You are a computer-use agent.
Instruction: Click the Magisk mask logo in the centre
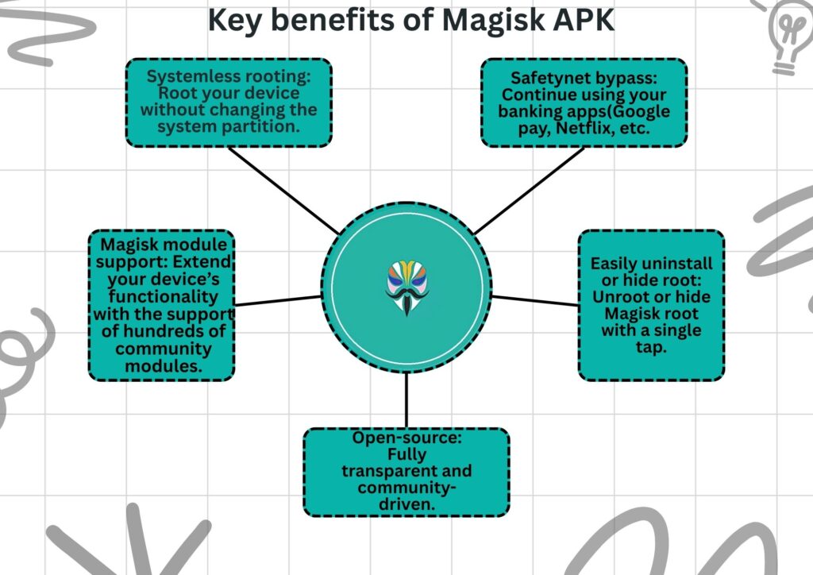[x=406, y=288]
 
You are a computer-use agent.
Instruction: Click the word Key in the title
[x=232, y=21]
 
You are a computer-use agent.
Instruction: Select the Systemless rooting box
[x=229, y=102]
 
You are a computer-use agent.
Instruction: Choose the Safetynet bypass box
[x=584, y=102]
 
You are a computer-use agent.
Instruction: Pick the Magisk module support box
[x=162, y=305]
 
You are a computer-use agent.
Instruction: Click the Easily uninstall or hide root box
[x=651, y=305]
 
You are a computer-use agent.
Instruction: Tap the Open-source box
[x=406, y=472]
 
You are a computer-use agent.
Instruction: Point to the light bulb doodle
[x=787, y=36]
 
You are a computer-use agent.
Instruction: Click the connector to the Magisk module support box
[x=278, y=301]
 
